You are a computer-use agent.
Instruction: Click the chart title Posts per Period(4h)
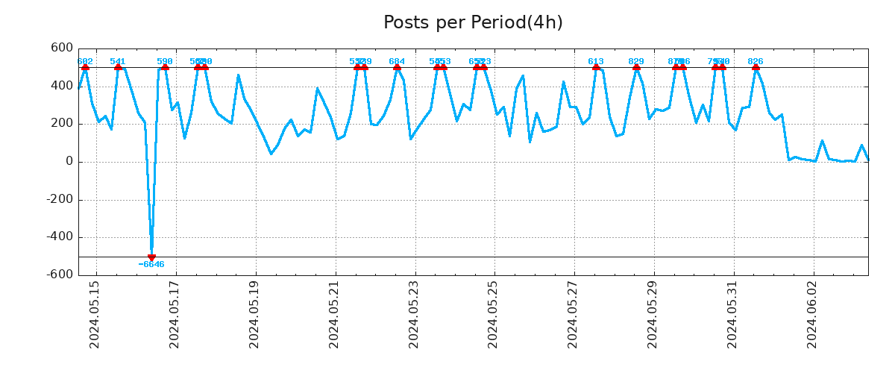click(x=473, y=23)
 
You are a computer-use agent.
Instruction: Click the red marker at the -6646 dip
click(x=151, y=257)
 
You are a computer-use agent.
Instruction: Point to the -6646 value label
click(x=151, y=265)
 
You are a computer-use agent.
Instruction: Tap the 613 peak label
click(x=596, y=61)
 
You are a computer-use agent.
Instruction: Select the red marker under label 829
click(x=636, y=67)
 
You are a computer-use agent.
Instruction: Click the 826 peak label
click(x=756, y=61)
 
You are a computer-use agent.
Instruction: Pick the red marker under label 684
click(x=397, y=67)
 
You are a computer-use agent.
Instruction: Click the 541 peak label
click(x=118, y=61)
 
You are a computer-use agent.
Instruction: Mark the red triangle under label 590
click(x=165, y=67)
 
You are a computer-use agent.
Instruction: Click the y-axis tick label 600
click(x=62, y=48)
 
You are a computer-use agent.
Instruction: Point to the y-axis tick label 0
click(x=69, y=162)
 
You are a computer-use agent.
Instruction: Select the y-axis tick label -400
click(x=59, y=237)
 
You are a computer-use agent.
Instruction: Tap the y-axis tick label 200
click(x=62, y=124)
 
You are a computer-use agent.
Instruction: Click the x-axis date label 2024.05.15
click(x=95, y=314)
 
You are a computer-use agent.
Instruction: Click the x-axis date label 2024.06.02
click(x=811, y=314)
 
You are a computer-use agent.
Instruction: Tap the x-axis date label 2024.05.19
click(x=254, y=314)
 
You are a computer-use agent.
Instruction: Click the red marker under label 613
click(x=596, y=67)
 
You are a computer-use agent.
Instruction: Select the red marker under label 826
click(x=756, y=67)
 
